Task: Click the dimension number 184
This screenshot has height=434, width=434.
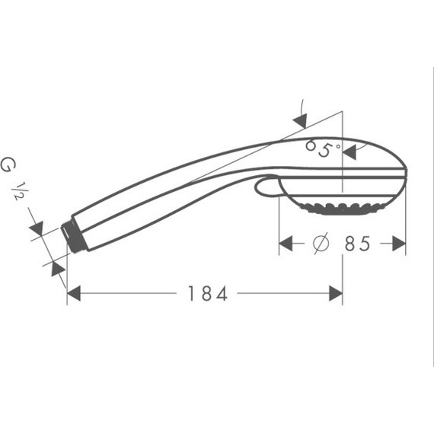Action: coord(207,293)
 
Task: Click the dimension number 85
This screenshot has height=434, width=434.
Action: coord(356,244)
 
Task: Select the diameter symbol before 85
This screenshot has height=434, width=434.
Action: coord(321,244)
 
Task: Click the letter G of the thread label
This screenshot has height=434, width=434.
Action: coord(8,164)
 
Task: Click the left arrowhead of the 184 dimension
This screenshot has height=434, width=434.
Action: coord(74,293)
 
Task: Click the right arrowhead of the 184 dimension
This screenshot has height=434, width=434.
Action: coord(335,293)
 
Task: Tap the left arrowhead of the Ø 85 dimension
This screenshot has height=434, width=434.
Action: coord(286,244)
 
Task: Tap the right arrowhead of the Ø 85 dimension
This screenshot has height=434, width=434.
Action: coord(398,244)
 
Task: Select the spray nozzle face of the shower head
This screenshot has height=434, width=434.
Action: coord(341,207)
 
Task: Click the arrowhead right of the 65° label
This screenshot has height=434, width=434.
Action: coord(349,152)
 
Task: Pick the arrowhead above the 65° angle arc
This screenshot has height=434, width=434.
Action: coord(299,120)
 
